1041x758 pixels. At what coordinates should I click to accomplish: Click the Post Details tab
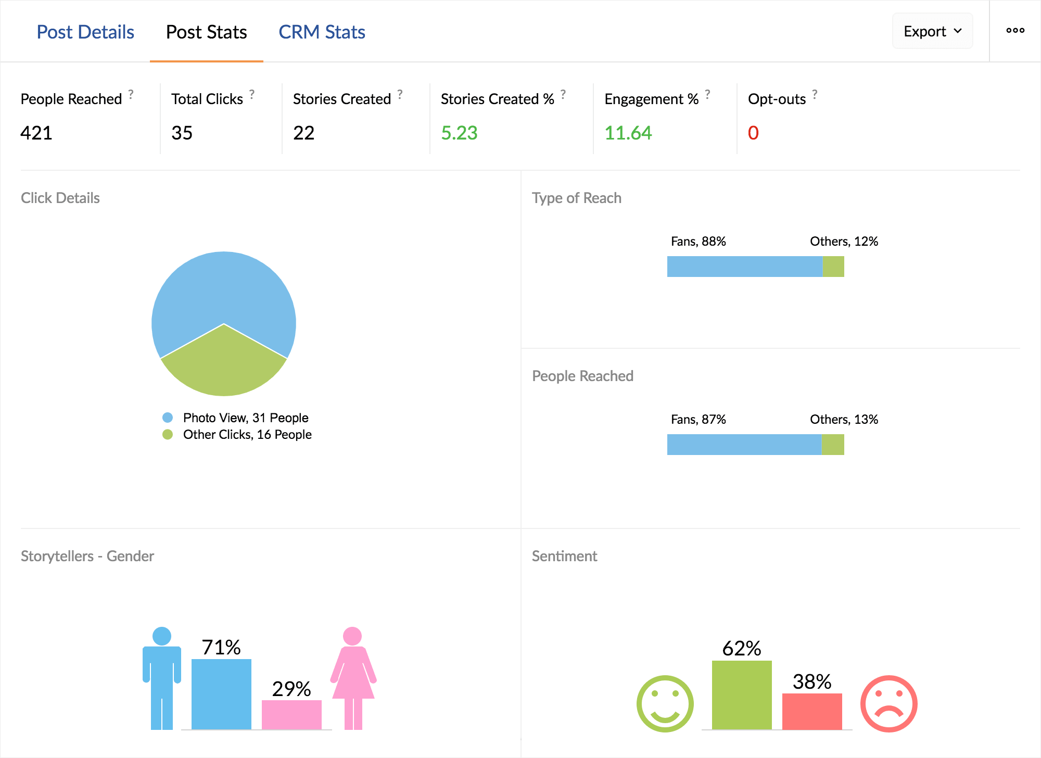pyautogui.click(x=85, y=32)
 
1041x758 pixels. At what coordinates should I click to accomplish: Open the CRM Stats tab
pyautogui.click(x=322, y=32)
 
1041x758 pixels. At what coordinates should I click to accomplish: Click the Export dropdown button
pyautogui.click(x=932, y=31)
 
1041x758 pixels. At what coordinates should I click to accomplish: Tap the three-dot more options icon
pyautogui.click(x=1015, y=31)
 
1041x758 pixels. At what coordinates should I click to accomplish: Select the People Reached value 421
pyautogui.click(x=36, y=133)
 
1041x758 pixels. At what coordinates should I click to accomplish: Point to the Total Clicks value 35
pyautogui.click(x=182, y=133)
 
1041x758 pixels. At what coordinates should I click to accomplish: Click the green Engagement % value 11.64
pyautogui.click(x=628, y=133)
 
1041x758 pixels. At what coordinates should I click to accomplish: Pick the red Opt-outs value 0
pyautogui.click(x=753, y=133)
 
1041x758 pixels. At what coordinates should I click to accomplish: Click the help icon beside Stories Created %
pyautogui.click(x=563, y=94)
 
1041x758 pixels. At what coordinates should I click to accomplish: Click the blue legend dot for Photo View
pyautogui.click(x=168, y=418)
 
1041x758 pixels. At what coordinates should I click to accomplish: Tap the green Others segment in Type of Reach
pyautogui.click(x=833, y=267)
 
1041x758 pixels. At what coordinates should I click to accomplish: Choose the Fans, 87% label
pyautogui.click(x=698, y=419)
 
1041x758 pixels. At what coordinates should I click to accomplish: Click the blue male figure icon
pyautogui.click(x=162, y=677)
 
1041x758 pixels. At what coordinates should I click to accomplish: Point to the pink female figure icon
pyautogui.click(x=353, y=677)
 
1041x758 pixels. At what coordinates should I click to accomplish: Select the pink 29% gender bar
pyautogui.click(x=291, y=715)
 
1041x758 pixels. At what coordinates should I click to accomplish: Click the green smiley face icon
pyautogui.click(x=665, y=704)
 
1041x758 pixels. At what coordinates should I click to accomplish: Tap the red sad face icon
pyautogui.click(x=888, y=704)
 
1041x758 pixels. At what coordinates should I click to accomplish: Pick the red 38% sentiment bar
pyautogui.click(x=812, y=711)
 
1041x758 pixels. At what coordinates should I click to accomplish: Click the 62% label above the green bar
pyautogui.click(x=742, y=648)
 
